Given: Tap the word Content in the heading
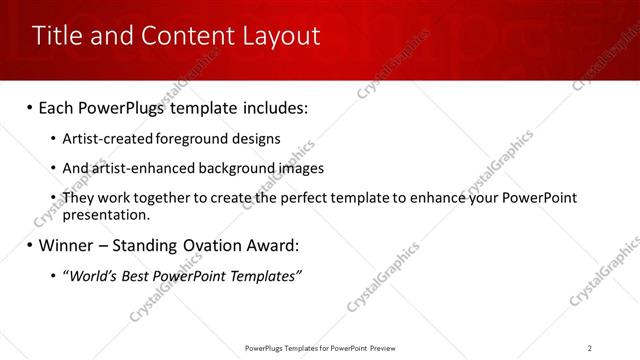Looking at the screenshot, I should point(176,36).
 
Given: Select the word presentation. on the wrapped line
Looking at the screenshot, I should point(106,214).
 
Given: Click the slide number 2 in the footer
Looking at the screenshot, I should point(590,348).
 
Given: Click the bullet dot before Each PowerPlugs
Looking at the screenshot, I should point(30,107).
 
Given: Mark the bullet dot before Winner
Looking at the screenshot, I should point(30,246).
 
